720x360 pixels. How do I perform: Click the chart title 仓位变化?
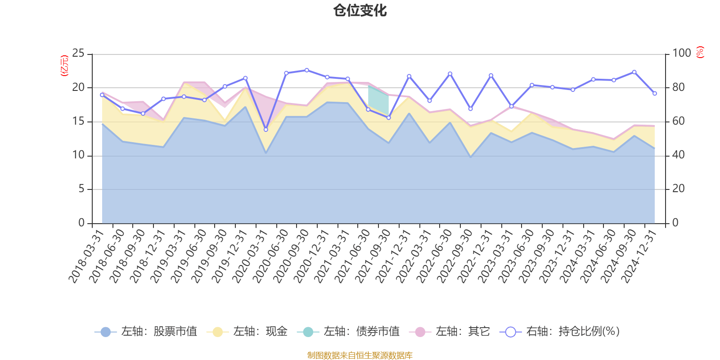(360, 11)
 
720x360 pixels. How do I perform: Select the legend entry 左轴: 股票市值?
(146, 332)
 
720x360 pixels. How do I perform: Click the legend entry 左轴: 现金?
(247, 332)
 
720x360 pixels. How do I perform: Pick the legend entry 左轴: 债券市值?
(348, 332)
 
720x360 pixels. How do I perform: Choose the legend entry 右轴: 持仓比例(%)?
(560, 332)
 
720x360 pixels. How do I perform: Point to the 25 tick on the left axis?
(78, 54)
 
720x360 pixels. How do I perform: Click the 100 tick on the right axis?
(682, 54)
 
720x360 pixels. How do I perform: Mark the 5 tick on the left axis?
(81, 189)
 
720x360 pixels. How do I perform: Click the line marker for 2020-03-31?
(266, 130)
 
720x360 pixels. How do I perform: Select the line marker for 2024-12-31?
(655, 94)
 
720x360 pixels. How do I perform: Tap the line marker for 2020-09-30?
(307, 70)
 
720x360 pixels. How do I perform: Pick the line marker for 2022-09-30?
(471, 109)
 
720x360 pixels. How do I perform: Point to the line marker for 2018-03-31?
(102, 95)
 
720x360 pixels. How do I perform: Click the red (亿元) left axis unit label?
(64, 66)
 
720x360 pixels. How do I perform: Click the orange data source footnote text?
(360, 355)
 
